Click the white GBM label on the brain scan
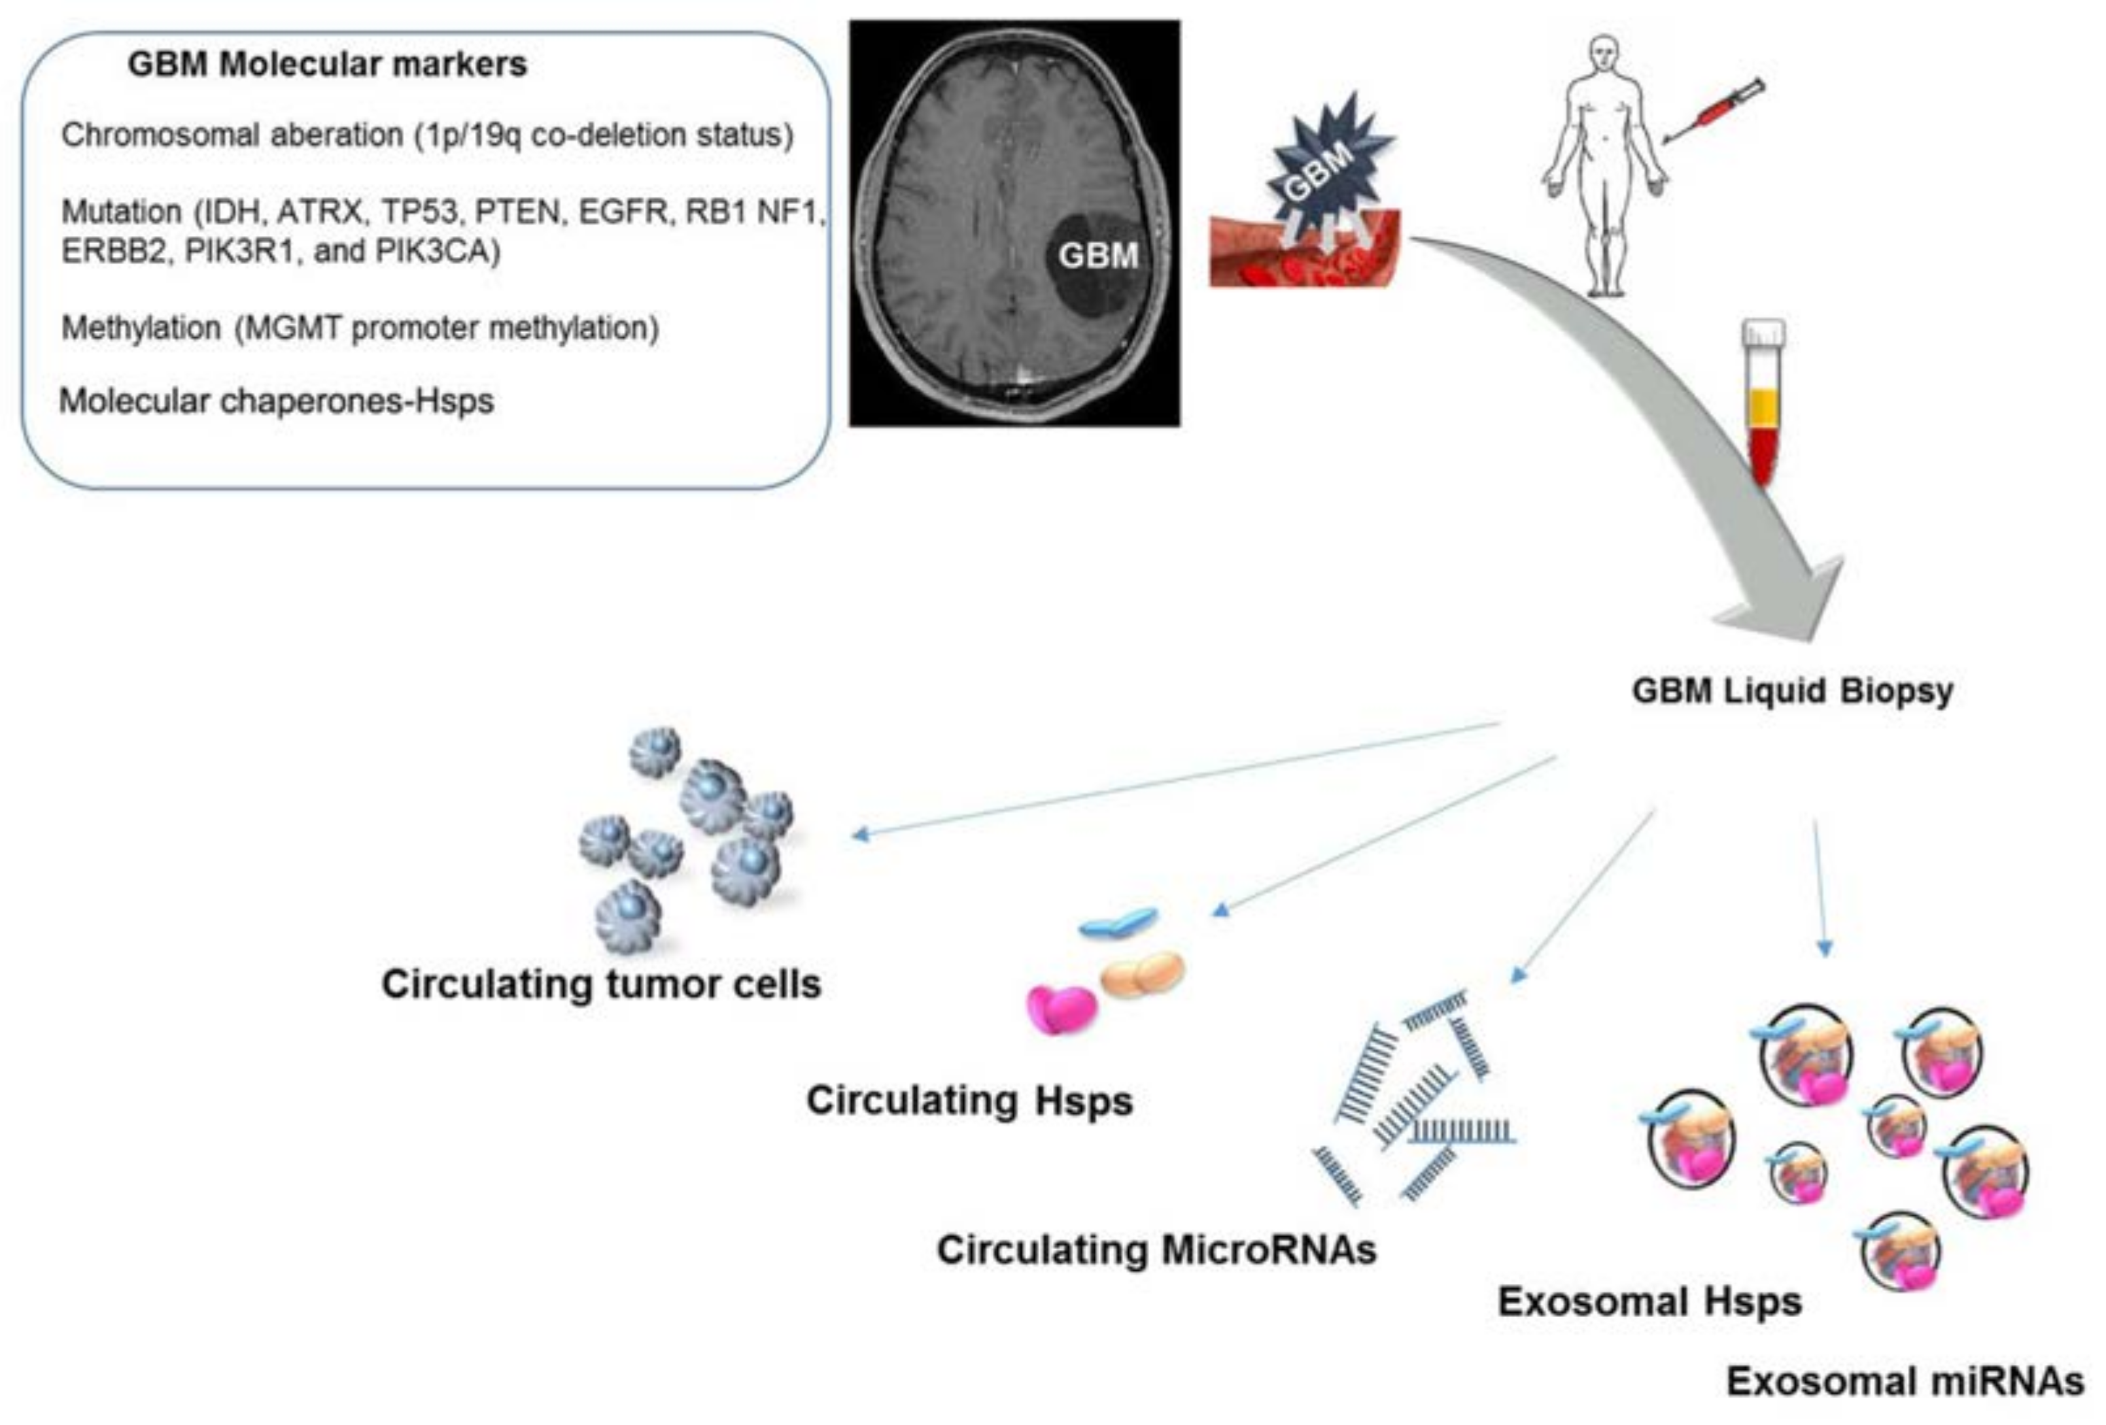tap(1097, 256)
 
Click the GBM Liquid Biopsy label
tap(1791, 691)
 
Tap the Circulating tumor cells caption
tap(601, 984)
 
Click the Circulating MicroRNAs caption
tap(1156, 1250)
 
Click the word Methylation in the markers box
tap(141, 328)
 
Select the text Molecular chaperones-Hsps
tap(277, 401)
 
